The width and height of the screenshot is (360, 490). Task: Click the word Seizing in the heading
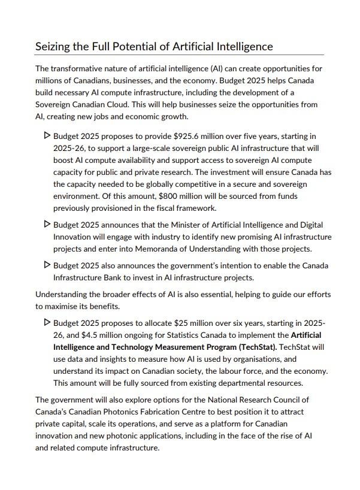pos(53,46)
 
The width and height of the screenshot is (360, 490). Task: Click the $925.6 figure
pos(176,136)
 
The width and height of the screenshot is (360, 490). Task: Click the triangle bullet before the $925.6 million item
pos(48,136)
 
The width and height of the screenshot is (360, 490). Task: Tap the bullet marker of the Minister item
pos(48,225)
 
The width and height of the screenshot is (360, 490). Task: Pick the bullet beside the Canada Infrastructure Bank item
pos(48,265)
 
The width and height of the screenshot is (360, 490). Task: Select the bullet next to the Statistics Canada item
pos(48,323)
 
